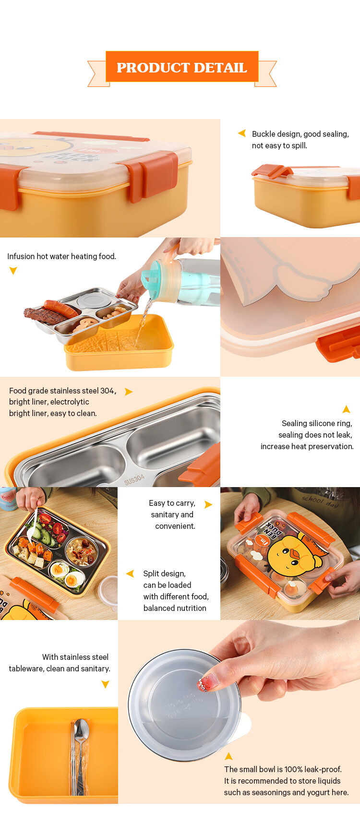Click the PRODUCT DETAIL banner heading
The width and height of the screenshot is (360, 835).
point(181,68)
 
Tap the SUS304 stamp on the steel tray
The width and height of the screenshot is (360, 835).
point(134,479)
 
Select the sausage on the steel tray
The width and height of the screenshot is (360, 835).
point(60,308)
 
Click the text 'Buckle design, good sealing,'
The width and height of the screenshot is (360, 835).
point(300,134)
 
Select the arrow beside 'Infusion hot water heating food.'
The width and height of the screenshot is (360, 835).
point(13,271)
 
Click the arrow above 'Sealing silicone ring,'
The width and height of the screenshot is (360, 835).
point(346,409)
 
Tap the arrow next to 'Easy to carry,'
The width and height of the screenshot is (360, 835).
point(208,504)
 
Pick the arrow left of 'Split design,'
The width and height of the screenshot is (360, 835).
point(130,573)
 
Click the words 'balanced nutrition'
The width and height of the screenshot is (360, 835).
point(175,608)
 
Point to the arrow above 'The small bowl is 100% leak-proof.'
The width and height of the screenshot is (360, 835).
point(228,756)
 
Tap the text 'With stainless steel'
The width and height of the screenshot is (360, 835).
point(75,657)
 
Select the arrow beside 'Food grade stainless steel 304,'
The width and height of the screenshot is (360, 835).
point(128,392)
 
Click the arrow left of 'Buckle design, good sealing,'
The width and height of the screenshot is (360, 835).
point(242,133)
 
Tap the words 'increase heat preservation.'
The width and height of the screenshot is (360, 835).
point(307,446)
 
